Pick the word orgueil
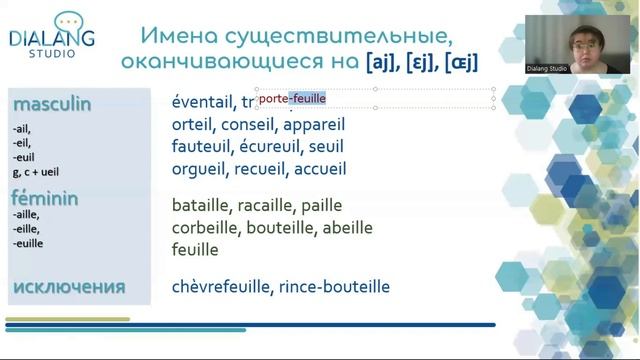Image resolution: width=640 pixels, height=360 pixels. [199, 169]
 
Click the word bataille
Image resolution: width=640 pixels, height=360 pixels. [200, 205]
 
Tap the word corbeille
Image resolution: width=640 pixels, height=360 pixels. [205, 227]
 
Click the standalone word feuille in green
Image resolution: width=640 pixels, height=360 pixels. [195, 249]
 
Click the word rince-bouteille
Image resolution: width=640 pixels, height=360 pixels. [335, 287]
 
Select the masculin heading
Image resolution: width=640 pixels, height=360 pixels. [51, 104]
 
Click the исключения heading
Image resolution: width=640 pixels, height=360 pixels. [69, 287]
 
